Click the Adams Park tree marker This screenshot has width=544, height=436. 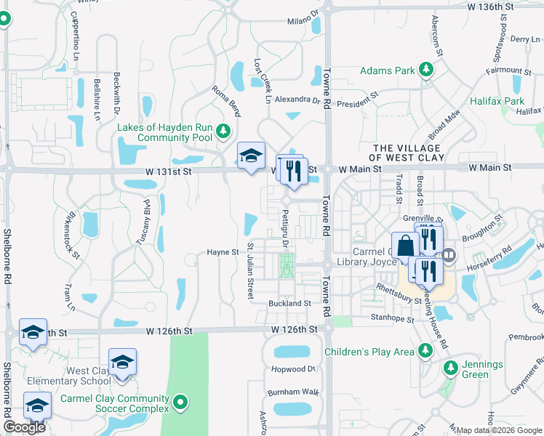tap(425, 70)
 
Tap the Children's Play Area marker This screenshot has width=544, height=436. tap(425, 352)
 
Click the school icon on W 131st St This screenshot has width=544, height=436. tap(251, 156)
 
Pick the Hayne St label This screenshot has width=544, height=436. tap(223, 252)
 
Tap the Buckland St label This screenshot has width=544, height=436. tap(289, 303)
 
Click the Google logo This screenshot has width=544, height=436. tap(24, 427)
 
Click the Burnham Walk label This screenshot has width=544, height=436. tap(293, 392)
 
